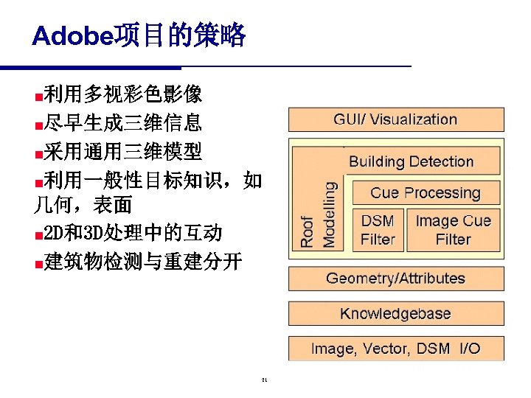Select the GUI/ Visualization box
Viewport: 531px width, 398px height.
click(x=395, y=119)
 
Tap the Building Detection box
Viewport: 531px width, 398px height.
click(x=411, y=161)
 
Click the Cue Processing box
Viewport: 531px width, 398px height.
click(x=425, y=193)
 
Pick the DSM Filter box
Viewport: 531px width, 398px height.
click(x=378, y=230)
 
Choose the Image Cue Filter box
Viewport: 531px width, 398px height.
click(x=453, y=230)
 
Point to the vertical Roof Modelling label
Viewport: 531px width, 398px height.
click(x=318, y=214)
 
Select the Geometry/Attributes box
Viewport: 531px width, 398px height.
click(x=395, y=279)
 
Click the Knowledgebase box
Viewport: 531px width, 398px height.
click(x=395, y=313)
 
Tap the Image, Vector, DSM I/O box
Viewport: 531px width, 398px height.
click(x=395, y=348)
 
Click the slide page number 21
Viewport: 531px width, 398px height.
click(x=264, y=381)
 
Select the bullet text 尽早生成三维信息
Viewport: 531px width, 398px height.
click(x=122, y=122)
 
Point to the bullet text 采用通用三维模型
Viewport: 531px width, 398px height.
click(x=122, y=151)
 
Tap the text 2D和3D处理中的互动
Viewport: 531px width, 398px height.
click(x=132, y=234)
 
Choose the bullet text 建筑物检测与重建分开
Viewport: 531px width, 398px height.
click(x=142, y=262)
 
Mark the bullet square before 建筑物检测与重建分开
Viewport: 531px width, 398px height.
click(x=38, y=263)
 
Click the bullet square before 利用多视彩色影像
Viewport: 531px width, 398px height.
click(x=38, y=96)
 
